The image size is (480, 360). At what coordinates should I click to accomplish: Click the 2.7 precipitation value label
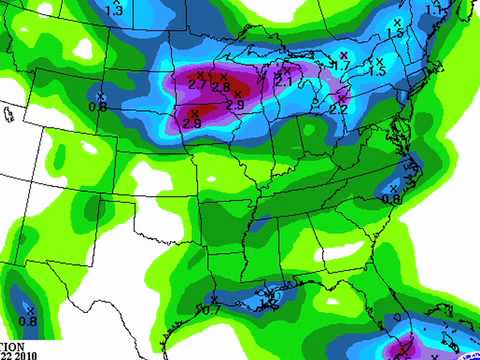197,87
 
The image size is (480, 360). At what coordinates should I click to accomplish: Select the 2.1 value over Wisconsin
282,81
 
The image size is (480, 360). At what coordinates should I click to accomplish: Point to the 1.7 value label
343,66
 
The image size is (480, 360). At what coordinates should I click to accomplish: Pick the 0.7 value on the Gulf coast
211,310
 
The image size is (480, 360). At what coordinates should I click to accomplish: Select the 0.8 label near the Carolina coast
391,199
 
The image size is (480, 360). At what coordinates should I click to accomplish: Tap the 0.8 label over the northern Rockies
98,106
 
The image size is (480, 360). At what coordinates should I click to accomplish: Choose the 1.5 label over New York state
377,72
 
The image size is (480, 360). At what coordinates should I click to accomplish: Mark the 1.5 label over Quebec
395,33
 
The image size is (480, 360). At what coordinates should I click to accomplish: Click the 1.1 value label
436,10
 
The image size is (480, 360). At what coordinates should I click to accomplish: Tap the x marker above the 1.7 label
343,54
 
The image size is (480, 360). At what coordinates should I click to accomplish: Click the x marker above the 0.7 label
215,299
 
